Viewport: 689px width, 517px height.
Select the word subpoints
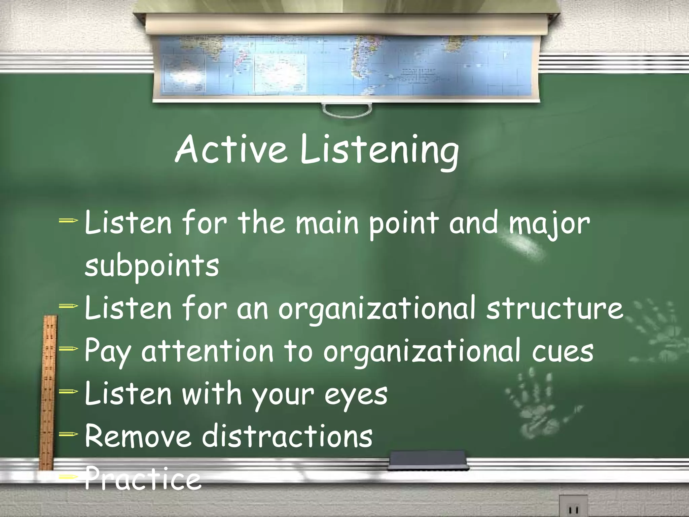(x=151, y=266)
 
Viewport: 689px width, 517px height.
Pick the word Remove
(x=138, y=436)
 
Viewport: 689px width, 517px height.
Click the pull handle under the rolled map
(x=347, y=110)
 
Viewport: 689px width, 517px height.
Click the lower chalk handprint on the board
(x=538, y=401)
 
